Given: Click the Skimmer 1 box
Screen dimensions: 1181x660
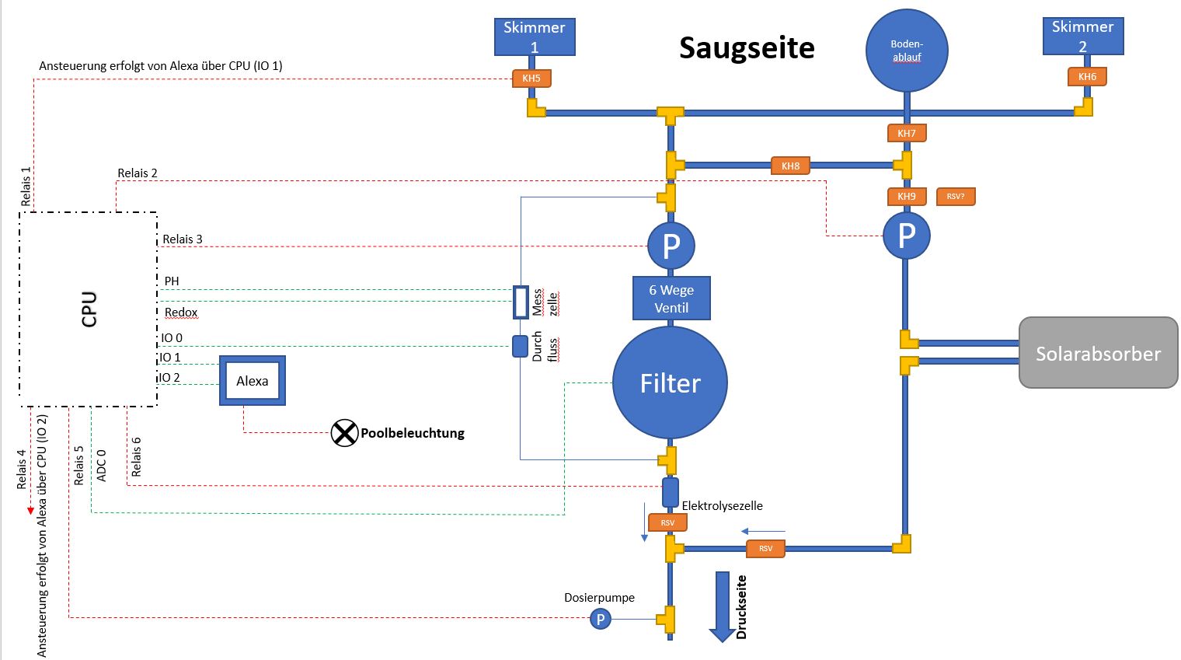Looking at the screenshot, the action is pyautogui.click(x=535, y=37).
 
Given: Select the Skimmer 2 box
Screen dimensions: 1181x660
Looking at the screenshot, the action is pyautogui.click(x=1083, y=36).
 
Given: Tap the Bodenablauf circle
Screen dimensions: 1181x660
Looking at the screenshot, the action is pyautogui.click(x=907, y=51).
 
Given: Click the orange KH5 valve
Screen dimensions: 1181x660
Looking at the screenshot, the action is pyautogui.click(x=531, y=79).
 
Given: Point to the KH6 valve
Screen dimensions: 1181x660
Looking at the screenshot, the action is pyautogui.click(x=1087, y=76).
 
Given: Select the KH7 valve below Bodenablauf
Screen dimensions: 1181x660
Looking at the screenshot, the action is pyautogui.click(x=907, y=133).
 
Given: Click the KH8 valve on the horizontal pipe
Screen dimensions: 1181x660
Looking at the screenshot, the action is pyautogui.click(x=790, y=166).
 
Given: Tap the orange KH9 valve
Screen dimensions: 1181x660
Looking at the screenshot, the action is pyautogui.click(x=907, y=196).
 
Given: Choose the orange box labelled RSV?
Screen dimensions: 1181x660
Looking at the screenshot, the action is pyautogui.click(x=956, y=196).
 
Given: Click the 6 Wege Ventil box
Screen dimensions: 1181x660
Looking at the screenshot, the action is pyautogui.click(x=671, y=298).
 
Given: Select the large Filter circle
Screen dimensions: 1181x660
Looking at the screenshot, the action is pyautogui.click(x=670, y=382).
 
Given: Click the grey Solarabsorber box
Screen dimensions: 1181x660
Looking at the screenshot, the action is pyautogui.click(x=1098, y=352).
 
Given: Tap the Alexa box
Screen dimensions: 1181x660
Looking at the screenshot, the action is pyautogui.click(x=253, y=380).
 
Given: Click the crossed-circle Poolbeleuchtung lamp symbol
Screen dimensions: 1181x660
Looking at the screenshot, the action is pyautogui.click(x=344, y=433).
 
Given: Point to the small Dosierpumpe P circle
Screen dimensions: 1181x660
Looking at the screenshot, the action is pyautogui.click(x=600, y=619).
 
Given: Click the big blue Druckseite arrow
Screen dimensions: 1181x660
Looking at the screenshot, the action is pyautogui.click(x=723, y=606).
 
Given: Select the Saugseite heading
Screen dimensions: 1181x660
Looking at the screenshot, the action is pyautogui.click(x=747, y=47).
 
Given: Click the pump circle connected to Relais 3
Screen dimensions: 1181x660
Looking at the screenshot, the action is pyautogui.click(x=671, y=246).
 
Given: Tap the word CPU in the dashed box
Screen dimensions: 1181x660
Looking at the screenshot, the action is pyautogui.click(x=89, y=309).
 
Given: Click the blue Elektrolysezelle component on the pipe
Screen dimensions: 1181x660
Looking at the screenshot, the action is pyautogui.click(x=670, y=493).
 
